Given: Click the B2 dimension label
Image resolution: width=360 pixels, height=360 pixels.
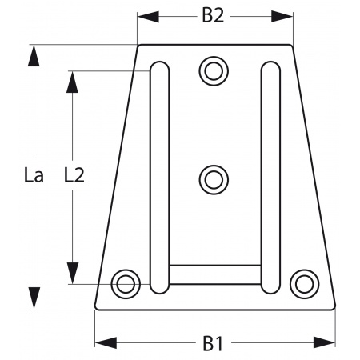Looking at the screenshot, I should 212,16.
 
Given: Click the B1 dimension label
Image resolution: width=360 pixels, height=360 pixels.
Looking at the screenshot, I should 212,344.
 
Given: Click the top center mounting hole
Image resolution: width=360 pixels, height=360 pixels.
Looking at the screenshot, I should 213,71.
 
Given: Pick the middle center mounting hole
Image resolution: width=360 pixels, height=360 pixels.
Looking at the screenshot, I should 213,178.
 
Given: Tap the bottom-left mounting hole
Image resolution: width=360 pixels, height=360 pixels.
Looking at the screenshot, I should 124,282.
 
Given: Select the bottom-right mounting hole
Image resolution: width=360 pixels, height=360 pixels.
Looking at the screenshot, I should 302,282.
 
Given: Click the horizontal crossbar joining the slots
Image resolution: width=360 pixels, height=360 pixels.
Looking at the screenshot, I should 214,274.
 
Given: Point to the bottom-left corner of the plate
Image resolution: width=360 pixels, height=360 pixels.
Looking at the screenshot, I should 96,308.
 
